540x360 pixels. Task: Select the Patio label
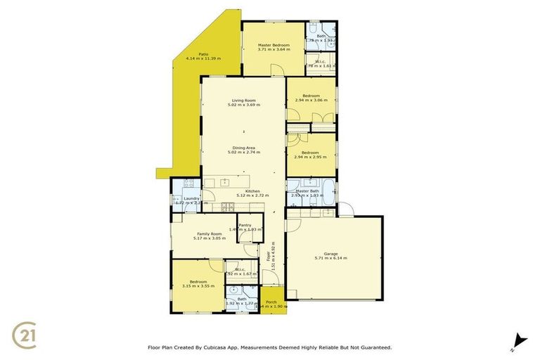point(202,53)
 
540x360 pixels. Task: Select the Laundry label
point(192,198)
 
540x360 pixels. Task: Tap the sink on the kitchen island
point(226,183)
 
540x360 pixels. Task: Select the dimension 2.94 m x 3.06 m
point(311,101)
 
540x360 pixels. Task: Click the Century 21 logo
point(26,333)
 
